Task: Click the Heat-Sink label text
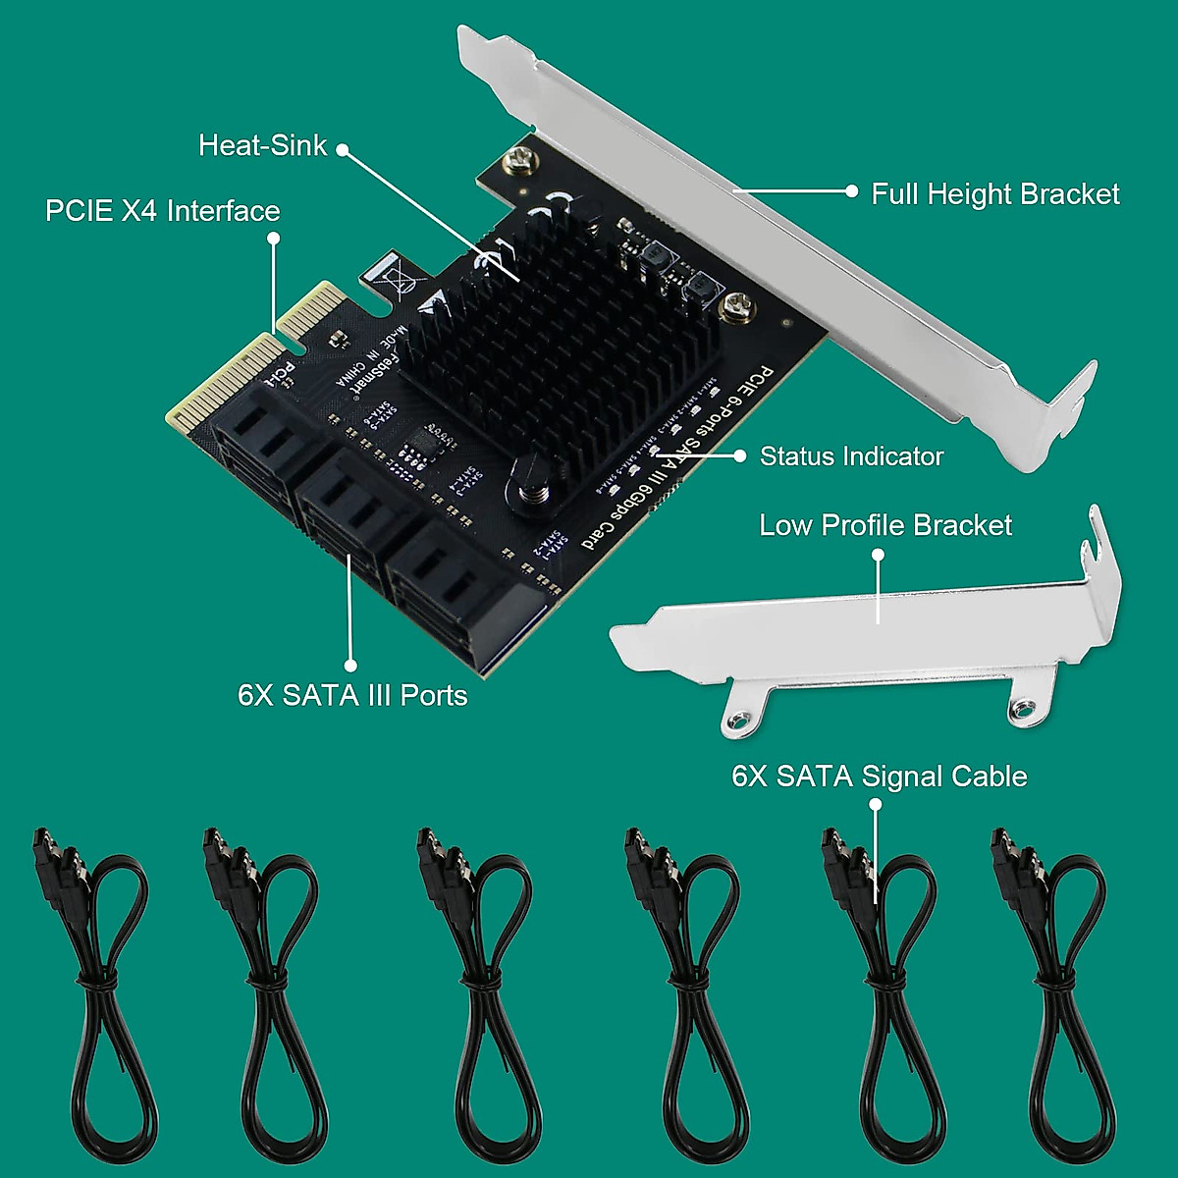(x=262, y=145)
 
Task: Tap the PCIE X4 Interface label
(x=162, y=211)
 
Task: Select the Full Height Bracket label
(x=994, y=193)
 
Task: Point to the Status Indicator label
(x=851, y=456)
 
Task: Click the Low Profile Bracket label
(x=884, y=525)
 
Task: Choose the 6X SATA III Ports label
(x=352, y=695)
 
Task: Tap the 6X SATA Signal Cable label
(x=879, y=776)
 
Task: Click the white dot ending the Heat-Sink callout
(x=343, y=149)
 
